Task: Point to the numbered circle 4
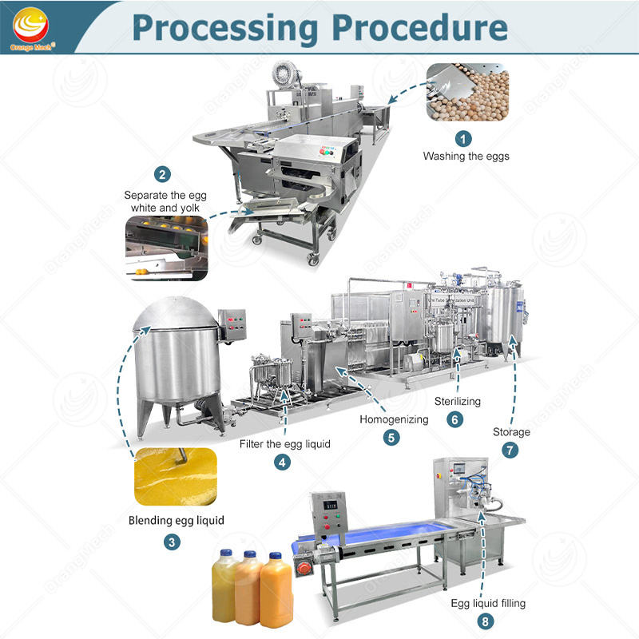[x=284, y=462]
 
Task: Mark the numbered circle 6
[x=455, y=419]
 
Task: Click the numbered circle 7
[x=509, y=450]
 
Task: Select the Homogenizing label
[x=394, y=419]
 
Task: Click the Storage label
[x=511, y=432]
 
